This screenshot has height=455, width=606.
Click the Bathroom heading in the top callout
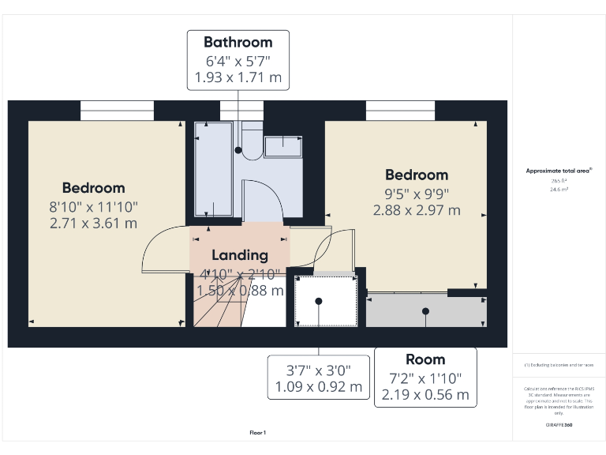click(x=238, y=42)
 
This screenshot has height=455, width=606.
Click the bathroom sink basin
click(x=282, y=146)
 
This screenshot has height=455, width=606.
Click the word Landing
click(x=239, y=255)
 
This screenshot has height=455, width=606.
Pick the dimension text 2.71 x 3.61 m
click(x=93, y=223)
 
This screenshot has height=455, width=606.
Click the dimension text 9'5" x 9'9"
click(x=416, y=193)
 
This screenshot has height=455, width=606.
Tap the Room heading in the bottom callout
click(x=425, y=359)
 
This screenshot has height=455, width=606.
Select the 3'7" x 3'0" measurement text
click(x=318, y=369)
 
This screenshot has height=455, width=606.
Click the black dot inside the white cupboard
click(x=319, y=301)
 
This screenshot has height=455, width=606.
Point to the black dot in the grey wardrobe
click(x=426, y=310)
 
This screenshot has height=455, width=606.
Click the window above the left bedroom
click(x=117, y=111)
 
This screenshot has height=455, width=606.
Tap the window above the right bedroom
click(x=400, y=111)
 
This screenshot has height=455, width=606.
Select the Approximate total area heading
click(x=559, y=171)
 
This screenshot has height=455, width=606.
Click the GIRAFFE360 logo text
click(x=559, y=425)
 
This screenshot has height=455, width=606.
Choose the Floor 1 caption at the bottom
click(x=258, y=433)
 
